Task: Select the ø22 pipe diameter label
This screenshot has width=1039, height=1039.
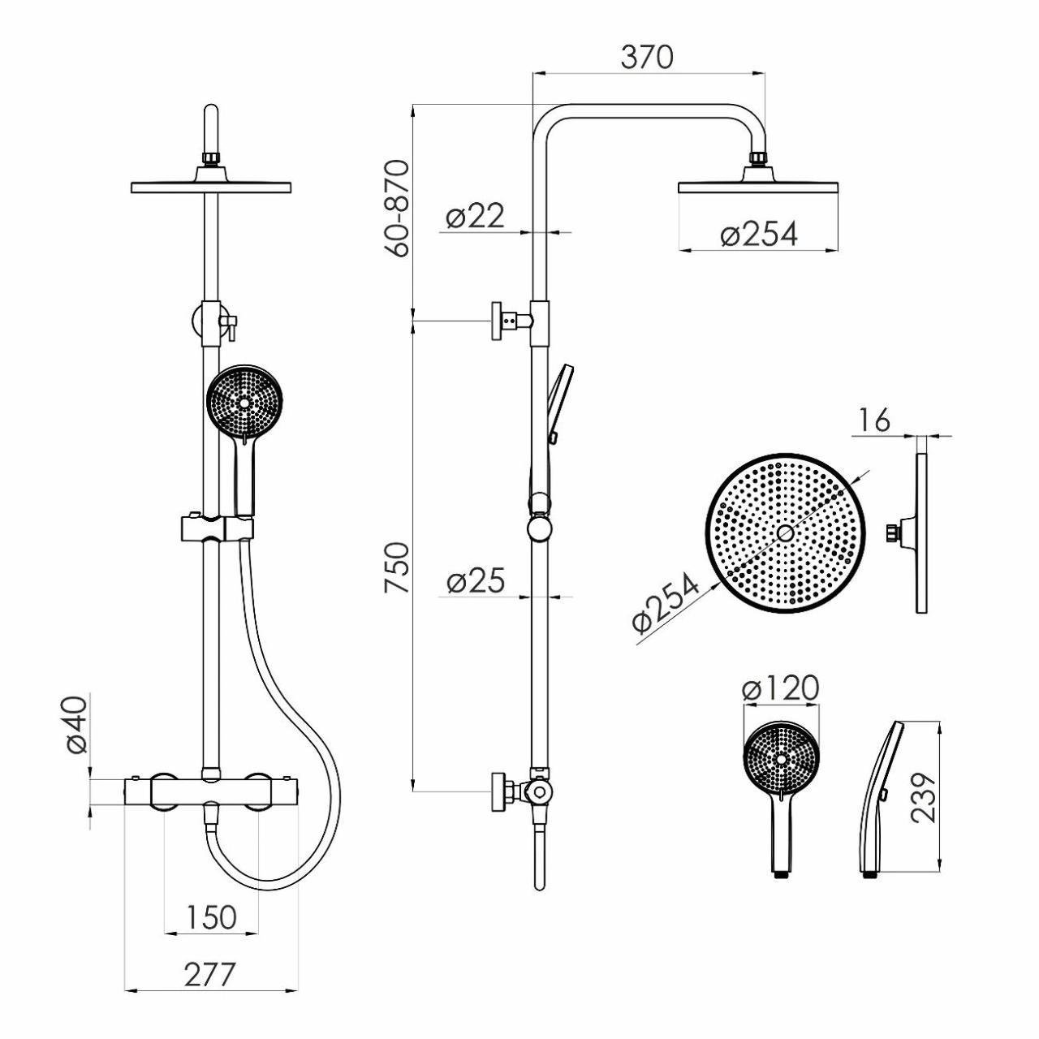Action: tap(475, 216)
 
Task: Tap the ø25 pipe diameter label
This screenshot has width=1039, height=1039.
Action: tap(475, 581)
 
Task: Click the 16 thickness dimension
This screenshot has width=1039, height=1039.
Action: tap(874, 421)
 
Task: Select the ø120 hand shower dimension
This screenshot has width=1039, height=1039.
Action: tap(780, 688)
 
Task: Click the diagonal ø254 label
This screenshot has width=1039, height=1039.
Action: tap(666, 602)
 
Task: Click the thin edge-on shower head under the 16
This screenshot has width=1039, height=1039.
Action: tap(921, 532)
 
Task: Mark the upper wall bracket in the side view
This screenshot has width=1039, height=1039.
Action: tap(512, 321)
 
